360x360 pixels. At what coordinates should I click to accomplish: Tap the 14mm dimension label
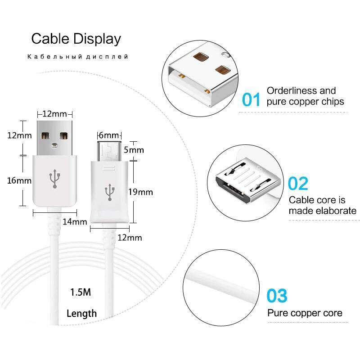(74, 221)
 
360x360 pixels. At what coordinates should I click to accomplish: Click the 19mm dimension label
(140, 192)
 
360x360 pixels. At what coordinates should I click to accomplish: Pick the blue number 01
(252, 99)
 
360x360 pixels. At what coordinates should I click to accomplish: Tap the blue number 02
(298, 184)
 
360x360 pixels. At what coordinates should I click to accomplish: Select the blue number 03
(276, 296)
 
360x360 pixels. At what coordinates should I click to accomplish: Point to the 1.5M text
(81, 292)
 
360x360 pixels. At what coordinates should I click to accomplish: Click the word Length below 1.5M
(81, 313)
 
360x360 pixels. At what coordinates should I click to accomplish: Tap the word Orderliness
(289, 90)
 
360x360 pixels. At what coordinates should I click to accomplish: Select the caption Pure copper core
(305, 313)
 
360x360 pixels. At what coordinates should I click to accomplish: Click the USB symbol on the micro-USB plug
(109, 192)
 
